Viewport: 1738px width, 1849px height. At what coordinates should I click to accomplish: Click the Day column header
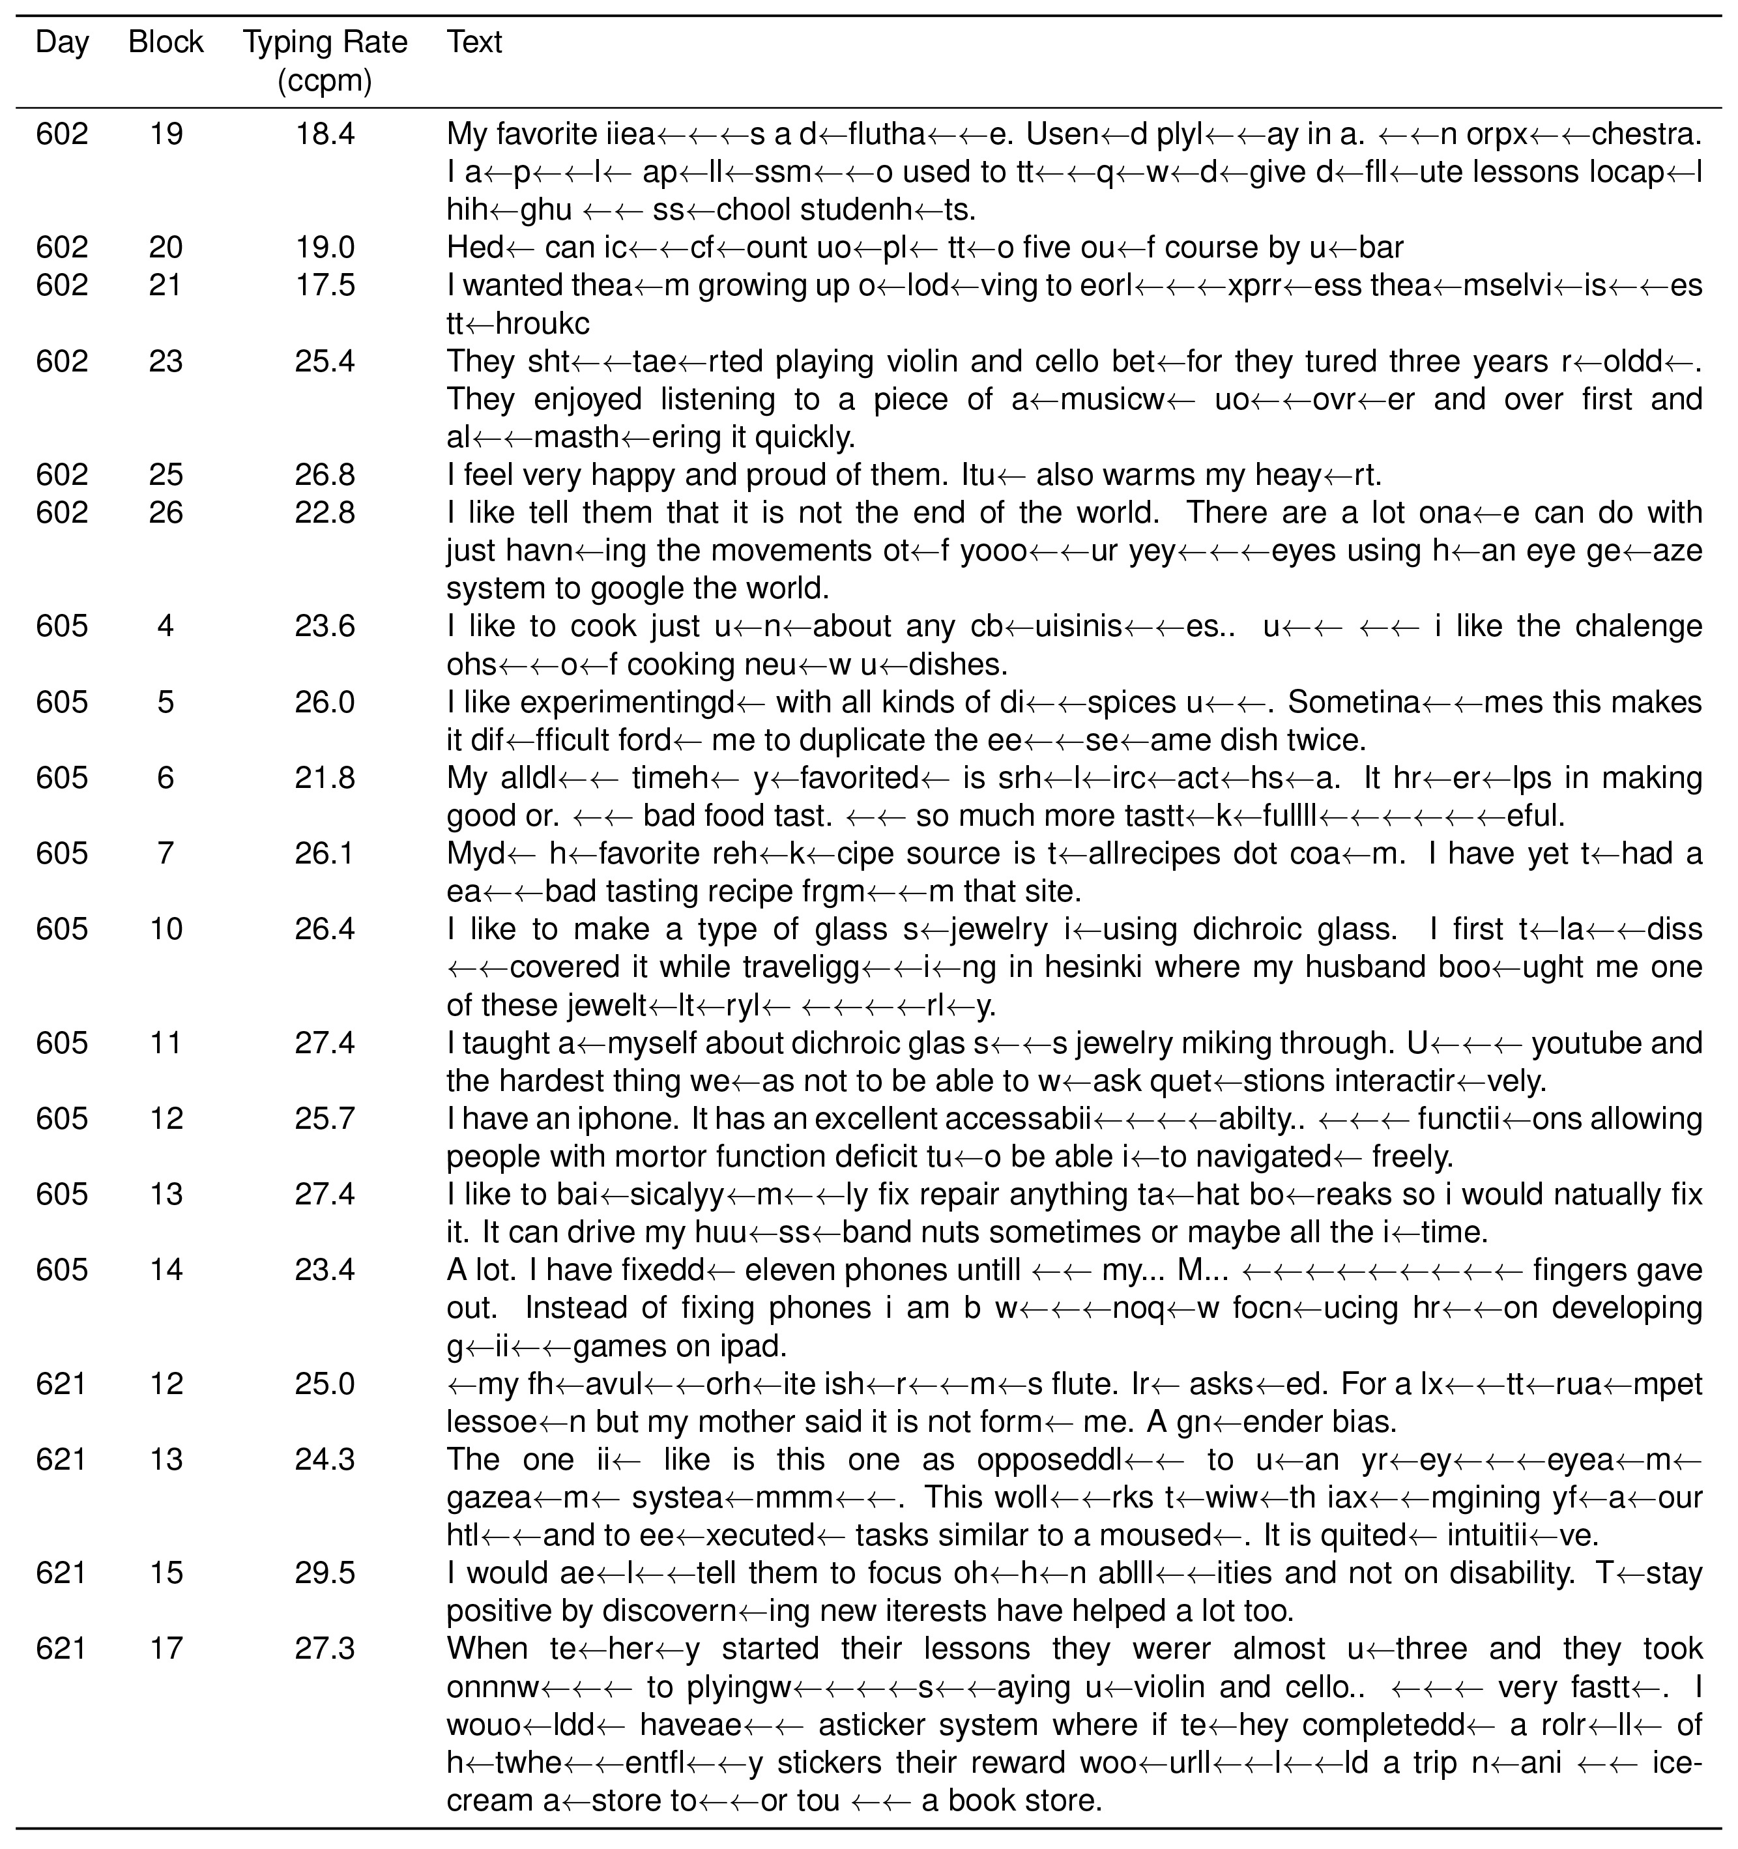[63, 43]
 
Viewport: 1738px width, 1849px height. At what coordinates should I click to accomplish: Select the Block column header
[166, 43]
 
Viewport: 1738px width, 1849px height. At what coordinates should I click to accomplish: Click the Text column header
[474, 43]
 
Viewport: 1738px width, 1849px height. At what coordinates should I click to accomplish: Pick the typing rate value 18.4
[325, 135]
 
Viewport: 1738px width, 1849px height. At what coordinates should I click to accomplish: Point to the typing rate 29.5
[325, 1573]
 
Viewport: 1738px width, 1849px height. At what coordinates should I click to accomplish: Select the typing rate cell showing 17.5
[325, 285]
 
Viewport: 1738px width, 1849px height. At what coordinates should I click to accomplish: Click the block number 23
[166, 361]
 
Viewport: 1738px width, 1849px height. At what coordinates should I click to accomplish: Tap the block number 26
[166, 512]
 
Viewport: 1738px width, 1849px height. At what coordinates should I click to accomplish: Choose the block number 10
[166, 929]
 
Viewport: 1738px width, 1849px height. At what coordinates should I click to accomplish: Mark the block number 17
[166, 1649]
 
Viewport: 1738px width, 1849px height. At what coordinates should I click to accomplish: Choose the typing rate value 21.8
[325, 778]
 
